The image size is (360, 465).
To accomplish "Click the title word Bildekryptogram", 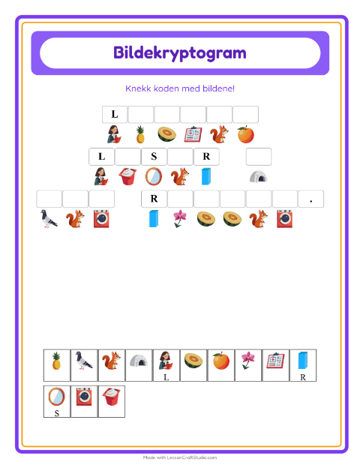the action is coord(180,53).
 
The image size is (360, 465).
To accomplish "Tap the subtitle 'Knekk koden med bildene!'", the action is coord(180,88).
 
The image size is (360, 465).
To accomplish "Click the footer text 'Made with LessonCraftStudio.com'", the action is coord(180,457).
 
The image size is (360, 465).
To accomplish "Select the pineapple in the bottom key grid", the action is coord(56,361).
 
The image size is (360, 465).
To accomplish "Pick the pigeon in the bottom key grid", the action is coord(83,360).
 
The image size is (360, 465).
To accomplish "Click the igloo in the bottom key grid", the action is coord(139,360).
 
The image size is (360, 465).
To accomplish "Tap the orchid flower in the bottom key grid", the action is coord(248,360).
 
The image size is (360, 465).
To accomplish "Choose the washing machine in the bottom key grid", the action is coord(84,397).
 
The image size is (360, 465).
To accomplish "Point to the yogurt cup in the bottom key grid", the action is coord(112,397).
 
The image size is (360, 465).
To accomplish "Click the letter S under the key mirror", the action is coord(57,413).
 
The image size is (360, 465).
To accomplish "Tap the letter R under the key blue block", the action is coord(303,377).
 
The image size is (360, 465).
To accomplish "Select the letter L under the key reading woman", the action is coord(166,377).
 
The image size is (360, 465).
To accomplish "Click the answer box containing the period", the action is coord(311,199).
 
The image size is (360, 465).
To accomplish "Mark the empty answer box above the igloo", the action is coord(259,157).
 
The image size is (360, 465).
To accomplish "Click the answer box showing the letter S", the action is coord(154,157).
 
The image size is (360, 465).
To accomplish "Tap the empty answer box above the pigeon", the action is coord(49,199).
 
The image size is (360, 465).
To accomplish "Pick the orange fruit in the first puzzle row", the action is coord(245,135).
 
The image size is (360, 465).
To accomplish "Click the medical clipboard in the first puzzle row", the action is coord(193,135).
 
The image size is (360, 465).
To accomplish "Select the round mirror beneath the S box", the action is coord(154,176).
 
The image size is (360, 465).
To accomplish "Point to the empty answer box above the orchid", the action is coord(180,199).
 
